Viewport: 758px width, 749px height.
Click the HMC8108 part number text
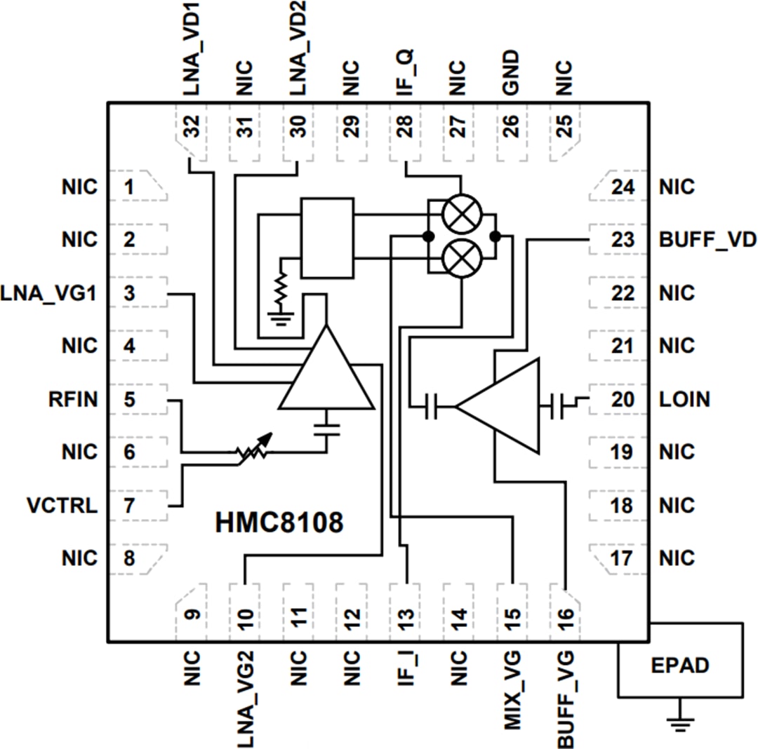click(279, 523)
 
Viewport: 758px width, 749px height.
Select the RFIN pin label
click(73, 400)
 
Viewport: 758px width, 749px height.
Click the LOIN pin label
click(684, 400)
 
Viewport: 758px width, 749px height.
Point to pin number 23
click(622, 240)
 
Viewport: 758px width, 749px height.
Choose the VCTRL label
click(62, 506)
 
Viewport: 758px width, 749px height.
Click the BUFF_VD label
click(707, 240)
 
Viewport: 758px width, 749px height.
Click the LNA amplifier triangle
click(326, 376)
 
